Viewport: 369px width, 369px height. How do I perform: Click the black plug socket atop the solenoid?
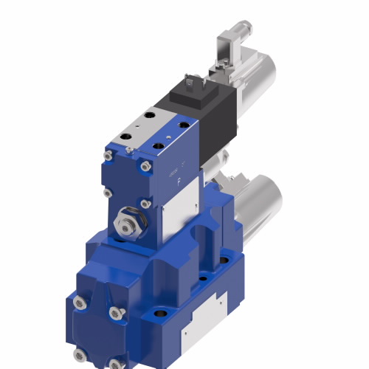click(194, 86)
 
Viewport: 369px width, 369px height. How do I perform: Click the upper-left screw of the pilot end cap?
click(108, 156)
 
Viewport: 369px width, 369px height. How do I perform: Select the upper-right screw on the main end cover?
click(115, 313)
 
